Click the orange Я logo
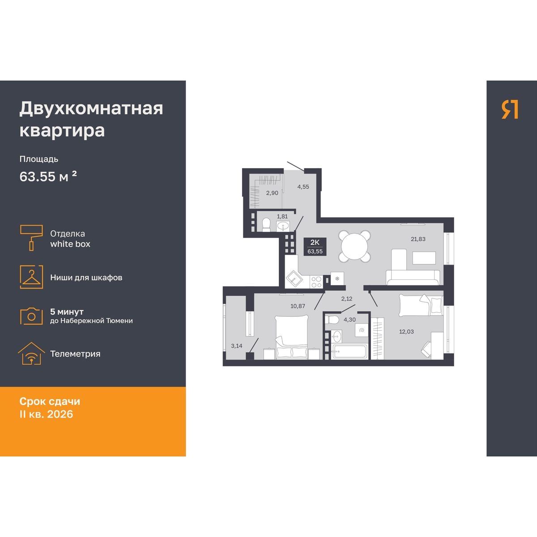510,109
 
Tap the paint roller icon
31,238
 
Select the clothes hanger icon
31,277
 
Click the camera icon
31,316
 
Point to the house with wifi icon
31,354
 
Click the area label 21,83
418,239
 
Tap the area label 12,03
406,332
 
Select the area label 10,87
298,306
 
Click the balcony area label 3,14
237,346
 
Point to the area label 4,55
303,187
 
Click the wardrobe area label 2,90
272,193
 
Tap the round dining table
355,246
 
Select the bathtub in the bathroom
349,351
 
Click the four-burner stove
316,282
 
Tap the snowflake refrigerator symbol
337,278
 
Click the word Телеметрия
75,354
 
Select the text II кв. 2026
46,414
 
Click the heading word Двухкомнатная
91,109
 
